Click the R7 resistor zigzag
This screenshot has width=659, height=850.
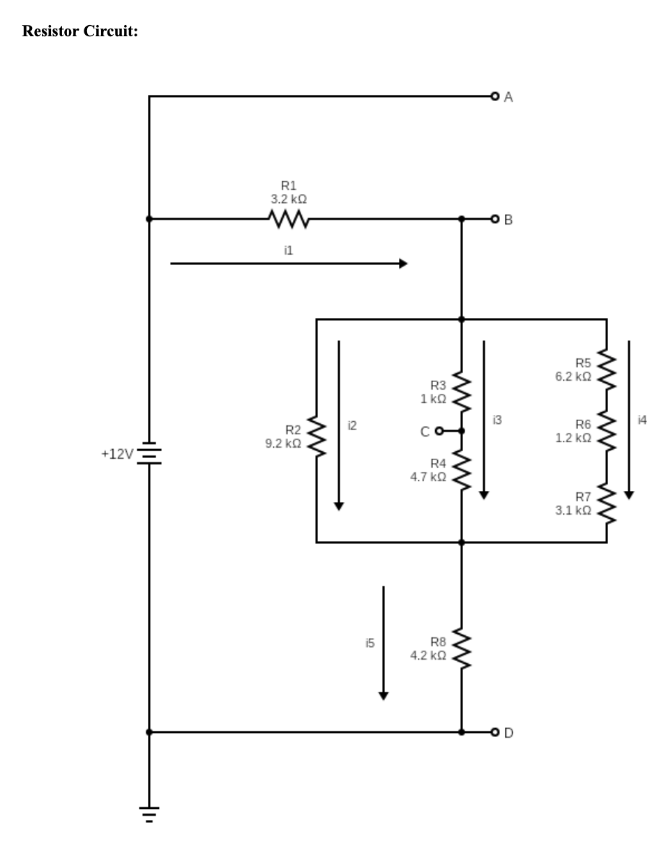click(x=607, y=503)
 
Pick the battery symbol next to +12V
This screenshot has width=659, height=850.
click(x=149, y=453)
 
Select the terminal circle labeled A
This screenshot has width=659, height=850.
click(x=495, y=96)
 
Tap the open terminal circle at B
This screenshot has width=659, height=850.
click(x=495, y=220)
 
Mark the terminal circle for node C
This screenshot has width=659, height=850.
click(x=439, y=431)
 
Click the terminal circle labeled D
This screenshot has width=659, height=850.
click(x=495, y=733)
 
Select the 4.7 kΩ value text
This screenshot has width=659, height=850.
click(x=428, y=477)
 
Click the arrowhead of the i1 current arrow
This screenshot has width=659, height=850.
click(x=403, y=264)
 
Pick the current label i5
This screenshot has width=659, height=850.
click(x=370, y=644)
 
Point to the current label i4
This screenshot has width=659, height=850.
click(x=642, y=419)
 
